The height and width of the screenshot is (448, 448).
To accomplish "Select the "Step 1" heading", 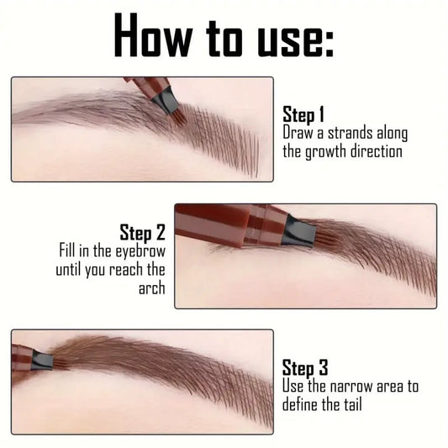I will tap(303, 114).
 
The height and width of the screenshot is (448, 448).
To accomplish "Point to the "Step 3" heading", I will tap(303, 367).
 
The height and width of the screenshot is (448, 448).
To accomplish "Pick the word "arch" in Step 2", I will tap(152, 288).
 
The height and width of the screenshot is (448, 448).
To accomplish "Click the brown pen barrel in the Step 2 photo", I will tap(227, 225).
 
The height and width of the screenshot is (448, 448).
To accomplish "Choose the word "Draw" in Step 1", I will tap(298, 133).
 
